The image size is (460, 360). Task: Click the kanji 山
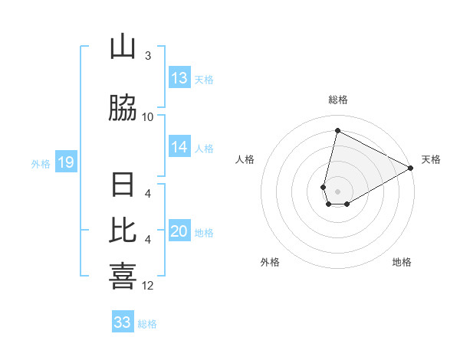pyautogui.click(x=123, y=47)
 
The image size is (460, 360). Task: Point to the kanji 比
pyautogui.click(x=123, y=231)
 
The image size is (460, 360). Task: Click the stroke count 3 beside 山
pyautogui.click(x=148, y=56)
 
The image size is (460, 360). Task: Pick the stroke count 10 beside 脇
pyautogui.click(x=148, y=116)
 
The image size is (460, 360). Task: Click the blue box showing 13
pyautogui.click(x=179, y=78)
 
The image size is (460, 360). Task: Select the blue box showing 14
pyautogui.click(x=179, y=147)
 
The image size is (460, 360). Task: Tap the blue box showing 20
pyautogui.click(x=179, y=232)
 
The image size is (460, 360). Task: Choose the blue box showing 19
pyautogui.click(x=65, y=162)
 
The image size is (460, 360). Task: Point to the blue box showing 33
pyautogui.click(x=123, y=322)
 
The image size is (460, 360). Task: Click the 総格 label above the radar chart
pyautogui.click(x=338, y=100)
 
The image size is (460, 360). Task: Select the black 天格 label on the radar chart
pyautogui.click(x=431, y=159)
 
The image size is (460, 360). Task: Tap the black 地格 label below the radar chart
pyautogui.click(x=402, y=263)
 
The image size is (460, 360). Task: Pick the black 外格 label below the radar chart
pyautogui.click(x=270, y=263)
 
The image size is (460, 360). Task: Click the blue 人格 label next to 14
pyautogui.click(x=205, y=149)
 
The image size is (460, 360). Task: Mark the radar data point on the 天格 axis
pyautogui.click(x=411, y=169)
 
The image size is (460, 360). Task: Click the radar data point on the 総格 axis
pyautogui.click(x=337, y=131)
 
